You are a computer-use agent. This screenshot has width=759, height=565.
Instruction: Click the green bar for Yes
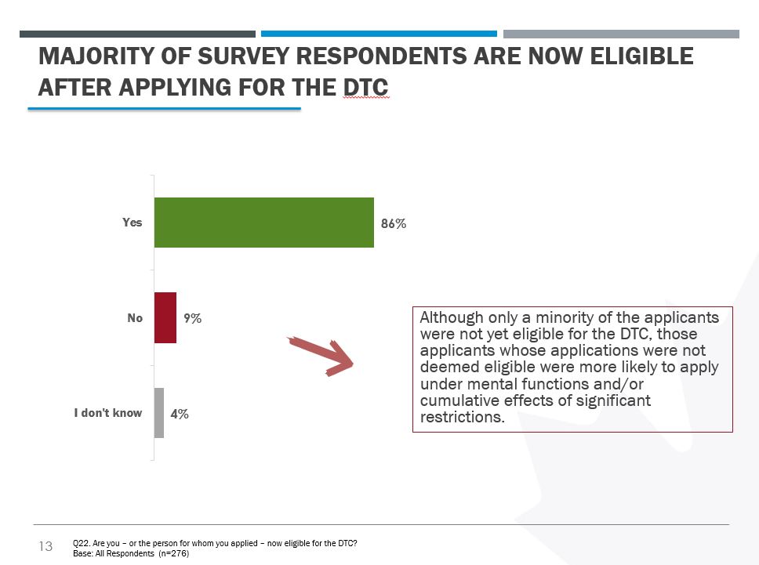click(x=263, y=223)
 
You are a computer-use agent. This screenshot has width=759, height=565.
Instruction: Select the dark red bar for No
click(x=165, y=318)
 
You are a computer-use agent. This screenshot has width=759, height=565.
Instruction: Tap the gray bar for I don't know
click(x=159, y=413)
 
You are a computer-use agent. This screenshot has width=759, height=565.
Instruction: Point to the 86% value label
click(x=394, y=224)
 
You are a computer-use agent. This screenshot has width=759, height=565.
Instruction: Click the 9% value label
click(x=192, y=319)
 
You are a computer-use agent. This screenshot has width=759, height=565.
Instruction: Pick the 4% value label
click(x=180, y=414)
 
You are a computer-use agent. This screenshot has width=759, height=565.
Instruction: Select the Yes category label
click(x=133, y=223)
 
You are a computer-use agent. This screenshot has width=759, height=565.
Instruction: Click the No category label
click(x=135, y=318)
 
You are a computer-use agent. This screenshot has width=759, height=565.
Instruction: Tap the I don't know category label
click(x=108, y=413)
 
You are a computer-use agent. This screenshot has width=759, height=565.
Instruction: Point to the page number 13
click(x=45, y=546)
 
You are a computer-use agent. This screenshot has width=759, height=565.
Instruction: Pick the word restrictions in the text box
click(x=460, y=417)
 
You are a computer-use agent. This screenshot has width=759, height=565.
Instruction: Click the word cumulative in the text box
click(x=456, y=400)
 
